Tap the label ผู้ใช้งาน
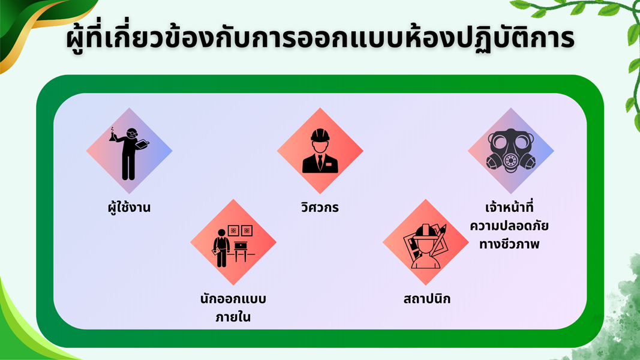(129, 207)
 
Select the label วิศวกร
(320, 207)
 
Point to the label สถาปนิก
(427, 299)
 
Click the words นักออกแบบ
(233, 299)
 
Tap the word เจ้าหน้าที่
(510, 207)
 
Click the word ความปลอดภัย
(509, 226)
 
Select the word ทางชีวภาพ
(509, 244)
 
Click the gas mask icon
(510, 151)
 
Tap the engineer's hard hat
(320, 136)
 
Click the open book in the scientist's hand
(142, 145)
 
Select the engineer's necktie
(320, 161)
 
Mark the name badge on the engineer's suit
(329, 164)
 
